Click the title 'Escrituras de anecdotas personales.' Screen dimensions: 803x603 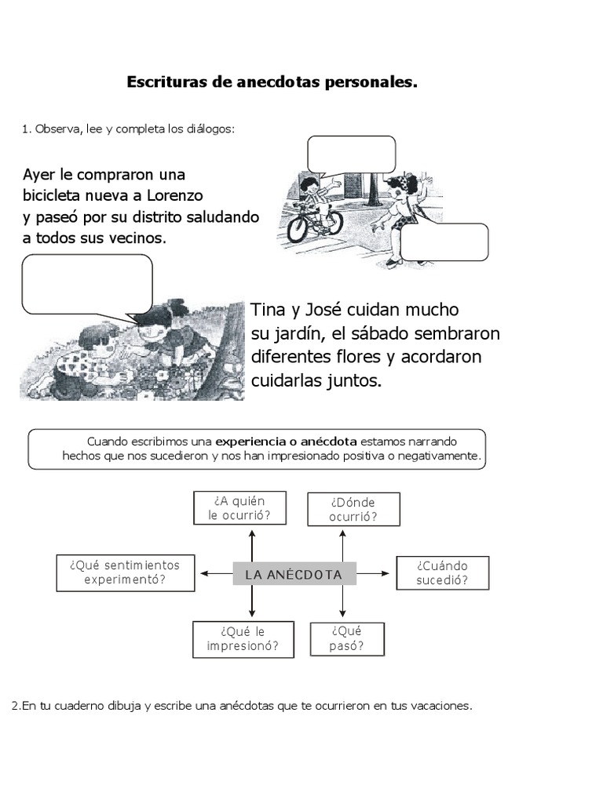(x=272, y=82)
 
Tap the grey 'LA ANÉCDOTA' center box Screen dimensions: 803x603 (x=294, y=574)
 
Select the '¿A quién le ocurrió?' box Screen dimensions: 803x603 (x=239, y=508)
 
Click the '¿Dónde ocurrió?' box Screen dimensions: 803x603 (x=353, y=509)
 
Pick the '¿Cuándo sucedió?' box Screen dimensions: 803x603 (x=442, y=573)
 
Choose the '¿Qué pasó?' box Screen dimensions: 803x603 (x=347, y=639)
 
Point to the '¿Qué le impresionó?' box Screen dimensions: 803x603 (x=243, y=639)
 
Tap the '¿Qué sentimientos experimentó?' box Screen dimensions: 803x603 (x=125, y=573)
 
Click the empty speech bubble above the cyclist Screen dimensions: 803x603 (x=351, y=154)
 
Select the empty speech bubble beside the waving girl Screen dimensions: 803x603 (x=444, y=242)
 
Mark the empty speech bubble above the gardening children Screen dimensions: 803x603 (x=86, y=283)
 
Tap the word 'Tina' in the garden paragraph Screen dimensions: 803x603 (x=268, y=311)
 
